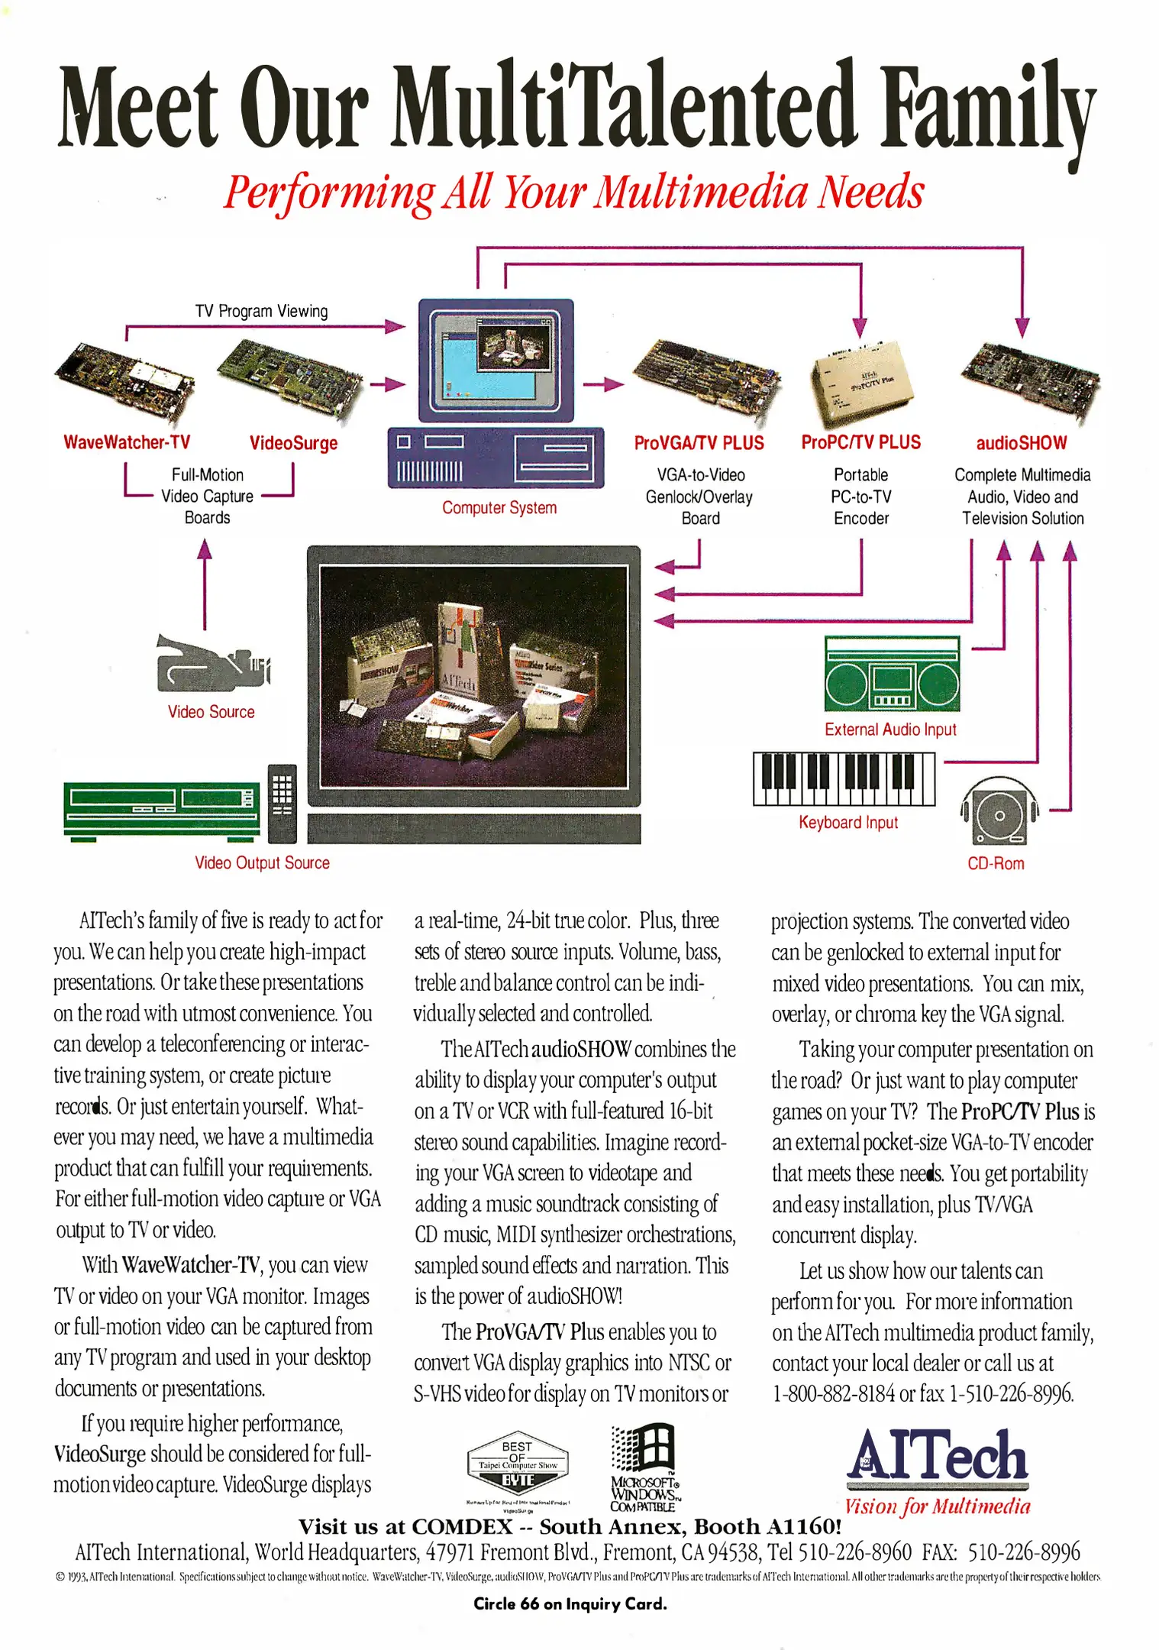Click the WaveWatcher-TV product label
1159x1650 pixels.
pos(127,442)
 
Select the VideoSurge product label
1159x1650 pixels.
pos(293,443)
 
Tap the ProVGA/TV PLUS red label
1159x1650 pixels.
pos(699,443)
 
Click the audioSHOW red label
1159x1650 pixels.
pos(1022,443)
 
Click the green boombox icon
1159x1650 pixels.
pos(892,674)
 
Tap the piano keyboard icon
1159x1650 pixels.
pos(844,778)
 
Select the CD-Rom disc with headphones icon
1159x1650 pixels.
pos(999,813)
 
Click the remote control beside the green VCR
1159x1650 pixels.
pos(282,801)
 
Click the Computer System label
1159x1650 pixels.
pos(499,508)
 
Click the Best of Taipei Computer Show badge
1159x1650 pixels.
pos(518,1464)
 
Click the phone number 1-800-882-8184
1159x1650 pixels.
pos(833,1394)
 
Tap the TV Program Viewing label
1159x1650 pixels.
pos(261,311)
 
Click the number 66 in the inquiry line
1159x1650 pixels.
pos(529,1604)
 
